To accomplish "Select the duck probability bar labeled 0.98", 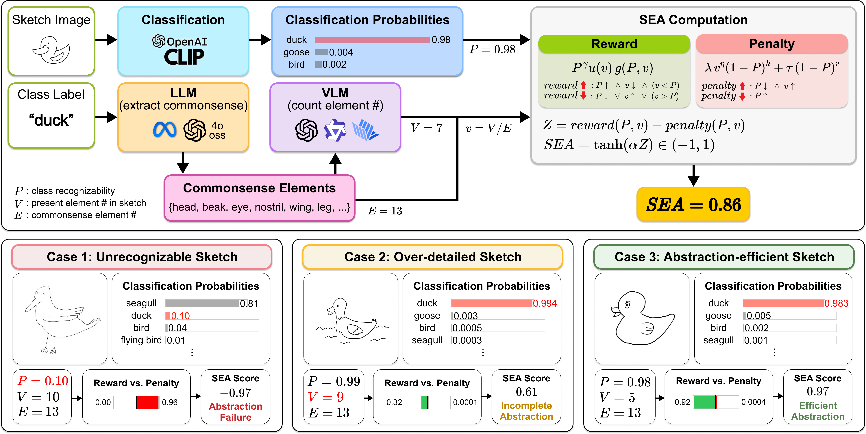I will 373,40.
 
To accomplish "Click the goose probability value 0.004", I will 341,52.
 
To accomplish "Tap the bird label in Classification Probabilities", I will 296,64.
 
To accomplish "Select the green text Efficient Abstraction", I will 818,411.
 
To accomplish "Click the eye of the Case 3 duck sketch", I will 627,305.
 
